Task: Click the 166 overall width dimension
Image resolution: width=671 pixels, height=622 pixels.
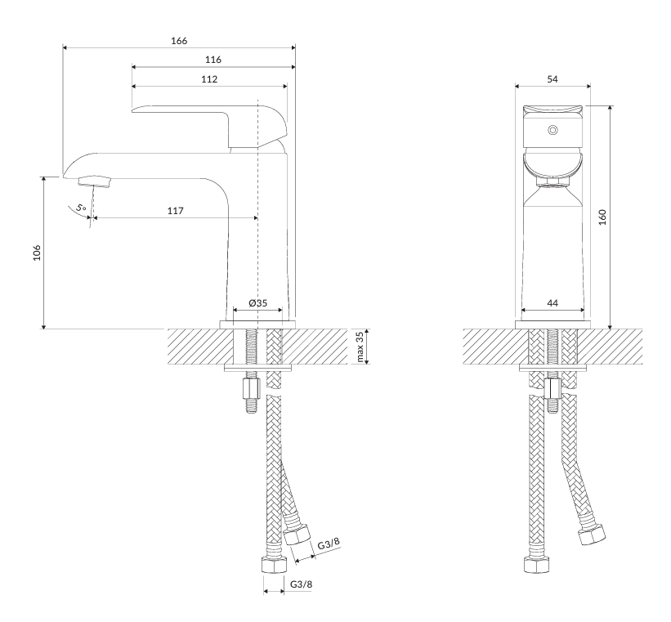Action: (x=179, y=41)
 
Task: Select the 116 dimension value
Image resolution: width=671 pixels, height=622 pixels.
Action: (x=213, y=60)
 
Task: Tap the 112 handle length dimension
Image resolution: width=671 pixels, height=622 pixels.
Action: (x=209, y=79)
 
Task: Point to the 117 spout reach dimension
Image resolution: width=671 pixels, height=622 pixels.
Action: (x=176, y=211)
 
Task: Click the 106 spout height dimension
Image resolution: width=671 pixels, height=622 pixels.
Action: (x=38, y=253)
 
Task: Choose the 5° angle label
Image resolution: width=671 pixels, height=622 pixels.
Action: (x=81, y=208)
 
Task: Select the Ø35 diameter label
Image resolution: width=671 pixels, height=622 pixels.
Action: (x=257, y=303)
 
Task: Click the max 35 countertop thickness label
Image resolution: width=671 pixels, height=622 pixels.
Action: (x=360, y=347)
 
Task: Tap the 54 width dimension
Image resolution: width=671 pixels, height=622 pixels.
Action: (x=552, y=79)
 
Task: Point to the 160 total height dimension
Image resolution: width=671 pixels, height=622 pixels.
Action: (x=602, y=217)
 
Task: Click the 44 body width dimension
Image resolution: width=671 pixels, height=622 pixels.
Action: (x=552, y=303)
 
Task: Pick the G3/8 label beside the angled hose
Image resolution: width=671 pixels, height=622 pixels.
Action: (x=329, y=544)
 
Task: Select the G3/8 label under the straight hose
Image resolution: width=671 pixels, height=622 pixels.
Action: (x=302, y=584)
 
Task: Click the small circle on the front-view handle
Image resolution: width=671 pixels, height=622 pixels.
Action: (x=552, y=130)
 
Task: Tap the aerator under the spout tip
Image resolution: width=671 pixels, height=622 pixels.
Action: (x=95, y=181)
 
